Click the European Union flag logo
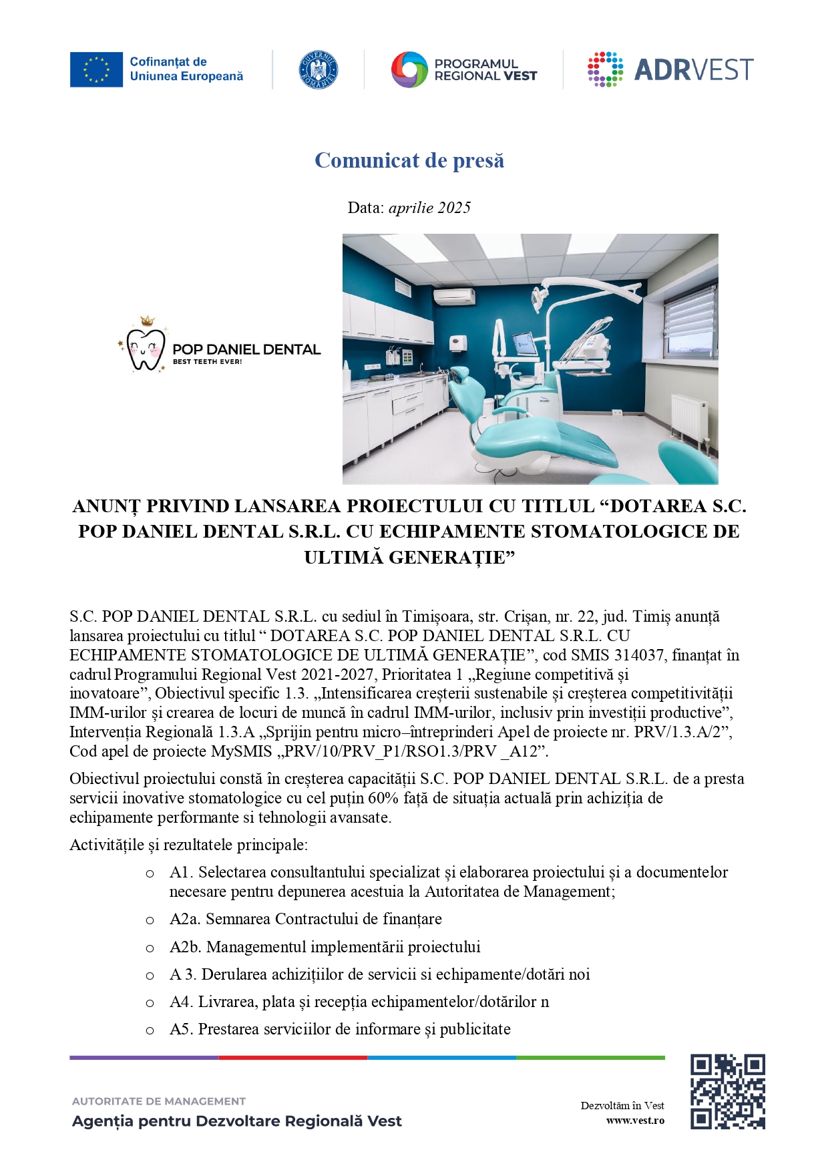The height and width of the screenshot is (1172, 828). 96,69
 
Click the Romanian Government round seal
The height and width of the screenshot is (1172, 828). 318,69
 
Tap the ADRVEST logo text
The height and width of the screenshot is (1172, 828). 693,70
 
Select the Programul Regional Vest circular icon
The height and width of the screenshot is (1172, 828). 409,69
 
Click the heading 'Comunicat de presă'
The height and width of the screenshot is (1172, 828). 409,160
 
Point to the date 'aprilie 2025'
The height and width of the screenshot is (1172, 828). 429,208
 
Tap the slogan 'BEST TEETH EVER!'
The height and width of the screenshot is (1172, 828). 207,362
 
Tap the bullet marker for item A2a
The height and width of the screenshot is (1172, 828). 150,920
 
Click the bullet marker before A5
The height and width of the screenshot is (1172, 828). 150,1030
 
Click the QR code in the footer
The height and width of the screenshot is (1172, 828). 727,1091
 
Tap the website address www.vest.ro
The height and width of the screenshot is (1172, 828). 635,1120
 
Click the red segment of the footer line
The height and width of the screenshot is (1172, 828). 292,1058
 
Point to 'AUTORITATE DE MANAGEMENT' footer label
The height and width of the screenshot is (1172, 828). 159,1101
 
